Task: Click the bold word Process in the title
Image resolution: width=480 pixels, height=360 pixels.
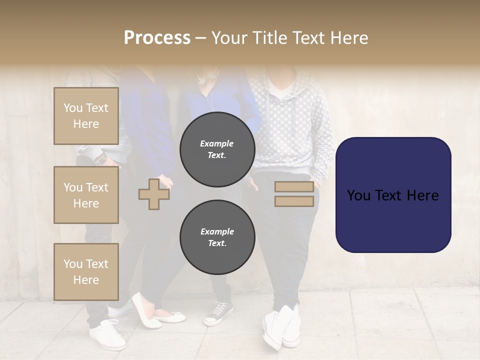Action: click(x=157, y=38)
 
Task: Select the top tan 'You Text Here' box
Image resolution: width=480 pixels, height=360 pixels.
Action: click(x=86, y=116)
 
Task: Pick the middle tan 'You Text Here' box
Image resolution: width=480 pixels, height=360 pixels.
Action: click(x=86, y=195)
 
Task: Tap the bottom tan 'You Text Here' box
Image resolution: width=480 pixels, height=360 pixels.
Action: click(x=86, y=272)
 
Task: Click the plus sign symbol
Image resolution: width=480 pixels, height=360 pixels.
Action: click(x=154, y=194)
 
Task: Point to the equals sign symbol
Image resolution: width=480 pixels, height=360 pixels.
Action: click(x=294, y=194)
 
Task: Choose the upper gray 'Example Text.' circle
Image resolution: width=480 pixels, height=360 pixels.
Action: click(x=217, y=149)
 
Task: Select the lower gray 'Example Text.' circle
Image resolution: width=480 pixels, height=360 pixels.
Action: click(x=217, y=237)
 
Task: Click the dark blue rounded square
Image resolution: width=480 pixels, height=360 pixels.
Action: click(x=393, y=195)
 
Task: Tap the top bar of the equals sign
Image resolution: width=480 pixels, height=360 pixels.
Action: click(x=294, y=187)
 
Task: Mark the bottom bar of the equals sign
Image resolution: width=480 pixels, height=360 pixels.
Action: click(x=294, y=201)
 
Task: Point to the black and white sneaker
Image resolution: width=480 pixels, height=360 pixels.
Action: click(x=218, y=313)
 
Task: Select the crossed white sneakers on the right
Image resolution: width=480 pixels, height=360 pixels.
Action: click(x=281, y=327)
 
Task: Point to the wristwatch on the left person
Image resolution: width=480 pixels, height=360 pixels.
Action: click(x=102, y=159)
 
